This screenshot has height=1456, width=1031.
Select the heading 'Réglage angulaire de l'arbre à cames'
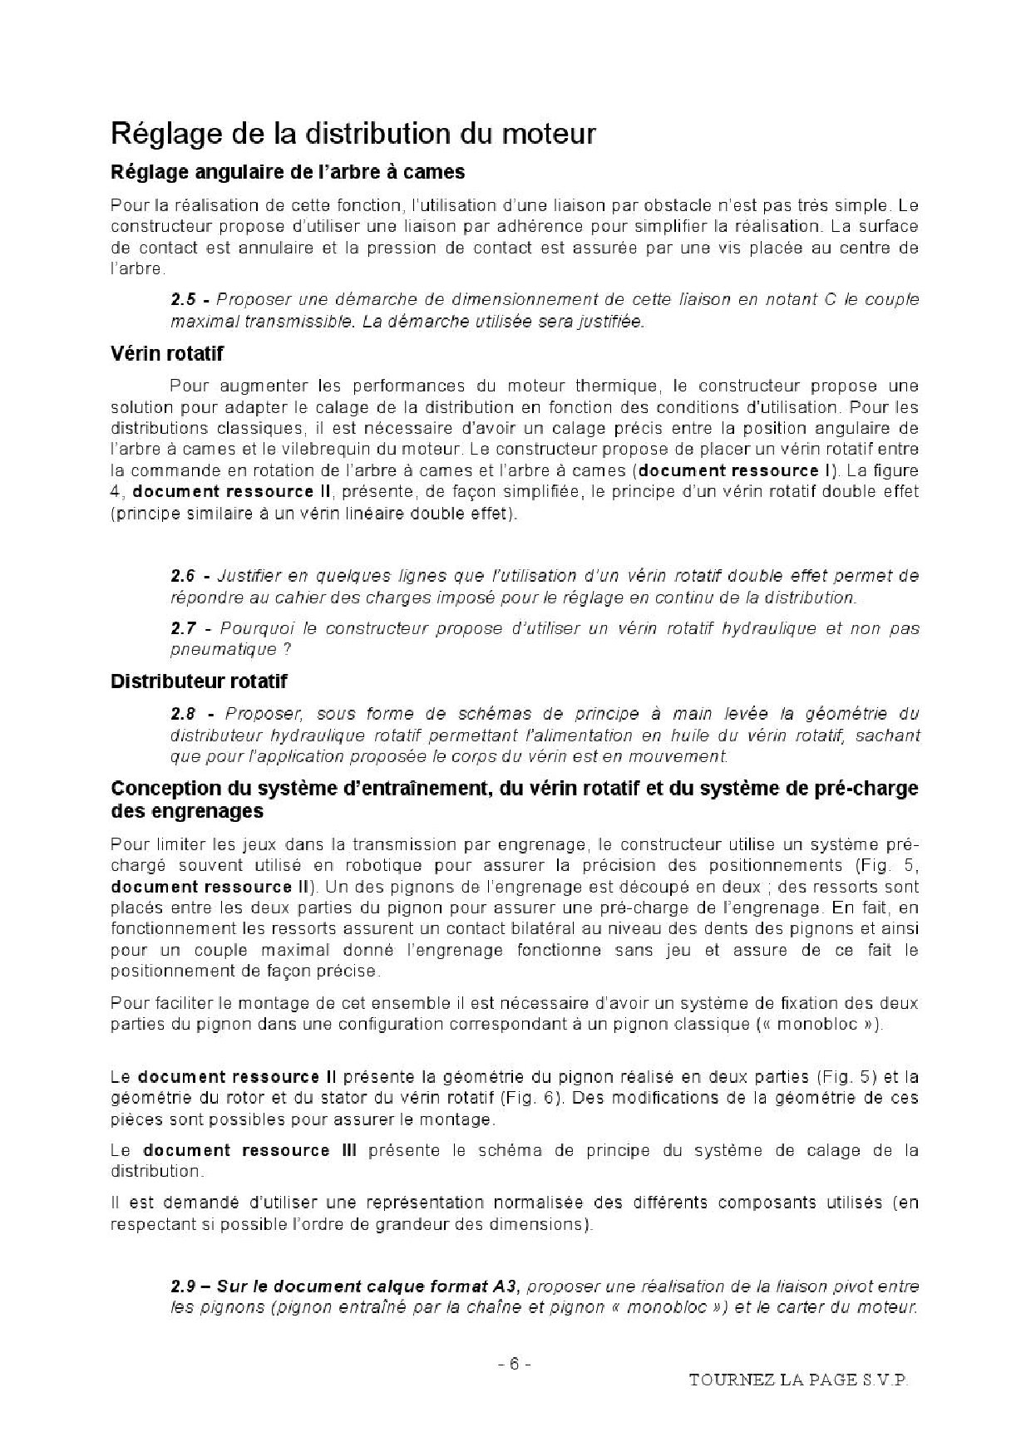[x=288, y=173]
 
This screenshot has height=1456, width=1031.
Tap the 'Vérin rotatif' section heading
[x=167, y=354]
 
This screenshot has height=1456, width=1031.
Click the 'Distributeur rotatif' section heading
[x=199, y=681]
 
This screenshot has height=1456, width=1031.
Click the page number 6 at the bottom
[x=514, y=1365]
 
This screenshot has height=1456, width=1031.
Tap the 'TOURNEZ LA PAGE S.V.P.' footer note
[x=799, y=1380]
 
